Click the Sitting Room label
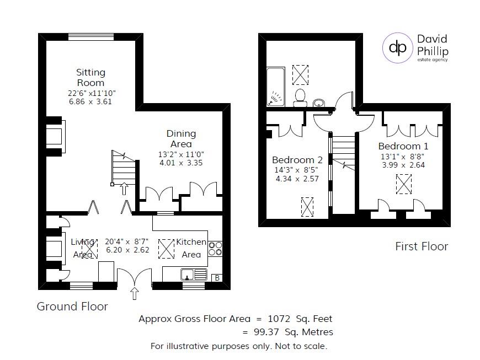click(x=90, y=77)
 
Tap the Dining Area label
click(x=181, y=138)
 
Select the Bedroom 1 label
click(x=403, y=146)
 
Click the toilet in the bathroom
click(x=301, y=96)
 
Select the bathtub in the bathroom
click(x=274, y=87)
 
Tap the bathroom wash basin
click(x=319, y=103)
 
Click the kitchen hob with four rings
click(x=215, y=249)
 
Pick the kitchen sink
click(x=194, y=274)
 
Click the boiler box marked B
click(x=217, y=278)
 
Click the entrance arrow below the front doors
click(x=134, y=293)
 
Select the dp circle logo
click(x=398, y=48)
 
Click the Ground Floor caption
click(x=72, y=306)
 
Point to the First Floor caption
click(x=422, y=246)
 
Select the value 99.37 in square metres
click(x=267, y=331)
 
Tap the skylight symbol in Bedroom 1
click(x=404, y=184)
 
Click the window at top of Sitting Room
click(x=91, y=37)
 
